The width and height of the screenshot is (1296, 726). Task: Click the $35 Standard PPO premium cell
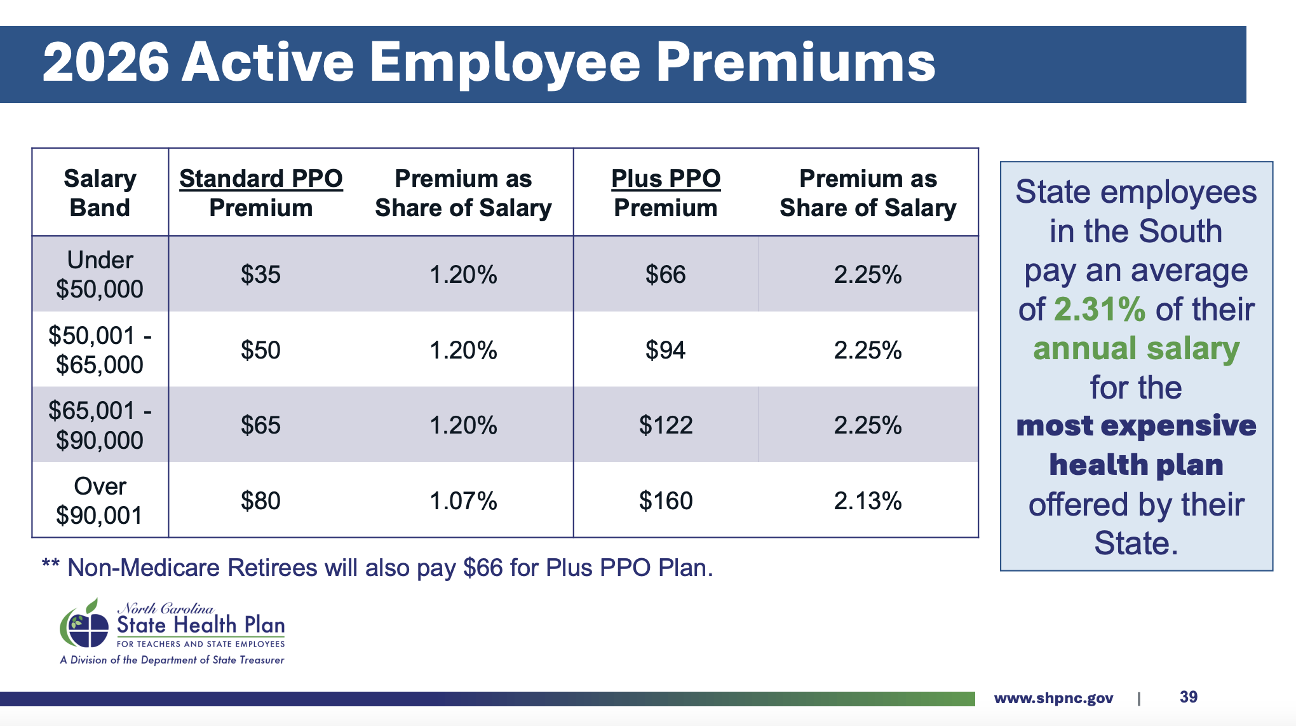point(260,275)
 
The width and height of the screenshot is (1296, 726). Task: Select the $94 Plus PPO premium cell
point(665,350)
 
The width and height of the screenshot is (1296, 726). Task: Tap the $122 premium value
point(665,425)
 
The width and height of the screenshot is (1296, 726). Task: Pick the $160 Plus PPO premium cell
point(665,500)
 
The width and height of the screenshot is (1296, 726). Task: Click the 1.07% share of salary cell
point(463,500)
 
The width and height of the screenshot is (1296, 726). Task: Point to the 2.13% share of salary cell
point(868,500)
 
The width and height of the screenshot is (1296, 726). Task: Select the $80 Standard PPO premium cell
point(260,500)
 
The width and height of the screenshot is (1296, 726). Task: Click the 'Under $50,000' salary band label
point(100,275)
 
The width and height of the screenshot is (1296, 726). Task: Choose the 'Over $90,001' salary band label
point(100,500)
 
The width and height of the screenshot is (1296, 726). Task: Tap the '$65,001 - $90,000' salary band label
point(100,425)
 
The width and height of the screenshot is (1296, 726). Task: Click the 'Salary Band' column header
point(100,193)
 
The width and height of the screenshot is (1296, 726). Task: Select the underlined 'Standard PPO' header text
point(260,179)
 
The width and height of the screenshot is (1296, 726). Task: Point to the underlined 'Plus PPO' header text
point(666,179)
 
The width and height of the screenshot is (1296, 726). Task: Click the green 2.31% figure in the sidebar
point(1100,309)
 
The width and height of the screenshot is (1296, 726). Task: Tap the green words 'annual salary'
point(1136,348)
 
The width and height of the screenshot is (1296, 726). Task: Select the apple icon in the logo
point(84,623)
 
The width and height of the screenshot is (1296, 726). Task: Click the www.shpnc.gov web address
point(1053,698)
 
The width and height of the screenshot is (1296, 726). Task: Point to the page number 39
point(1189,697)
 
